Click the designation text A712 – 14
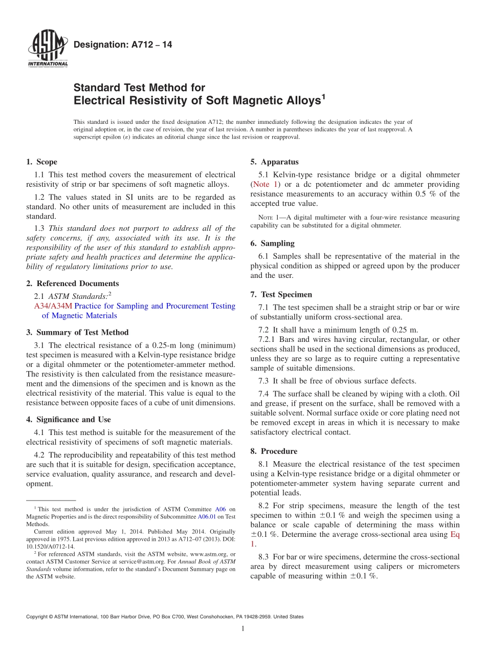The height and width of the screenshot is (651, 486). pyautogui.click(x=123, y=45)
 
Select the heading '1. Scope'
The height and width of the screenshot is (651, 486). pyautogui.click(x=41, y=162)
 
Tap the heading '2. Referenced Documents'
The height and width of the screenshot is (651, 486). pyautogui.click(x=72, y=284)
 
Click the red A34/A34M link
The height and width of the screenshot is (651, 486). pyautogui.click(x=53, y=306)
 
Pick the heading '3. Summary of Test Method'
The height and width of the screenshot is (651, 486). pyautogui.click(x=77, y=332)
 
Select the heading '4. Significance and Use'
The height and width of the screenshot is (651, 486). pyautogui.click(x=68, y=420)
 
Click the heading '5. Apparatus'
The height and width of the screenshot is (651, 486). pyautogui.click(x=274, y=162)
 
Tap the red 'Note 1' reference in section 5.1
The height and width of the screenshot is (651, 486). pyautogui.click(x=264, y=184)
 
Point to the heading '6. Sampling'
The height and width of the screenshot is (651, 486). pyautogui.click(x=272, y=244)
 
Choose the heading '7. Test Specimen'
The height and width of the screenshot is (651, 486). pyautogui.click(x=281, y=295)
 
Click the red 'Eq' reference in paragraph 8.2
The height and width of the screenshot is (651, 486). pyautogui.click(x=454, y=535)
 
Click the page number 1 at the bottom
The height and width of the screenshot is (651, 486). pyautogui.click(x=243, y=628)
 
